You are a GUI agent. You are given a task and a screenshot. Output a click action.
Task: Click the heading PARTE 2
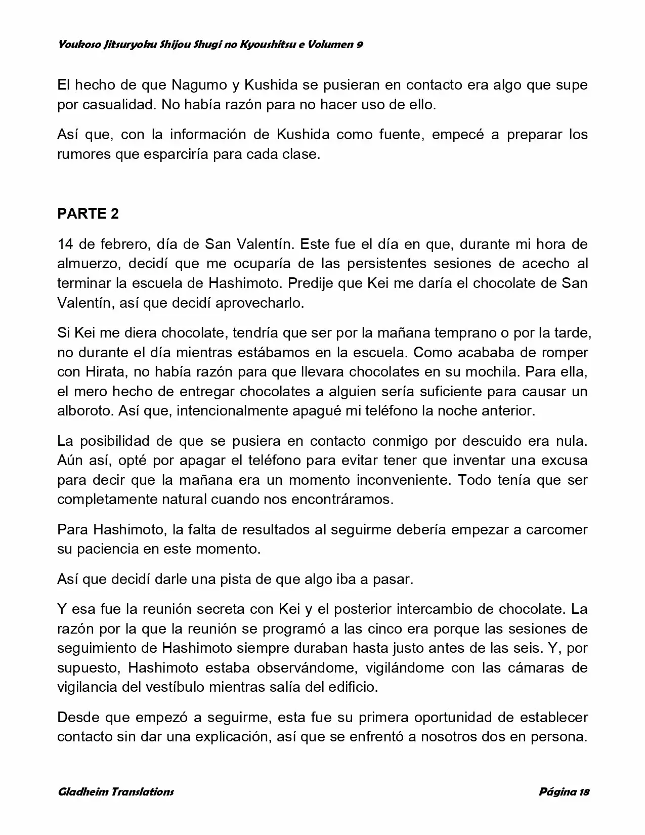(x=88, y=214)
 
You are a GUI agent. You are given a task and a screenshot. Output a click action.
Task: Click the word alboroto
(x=83, y=410)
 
